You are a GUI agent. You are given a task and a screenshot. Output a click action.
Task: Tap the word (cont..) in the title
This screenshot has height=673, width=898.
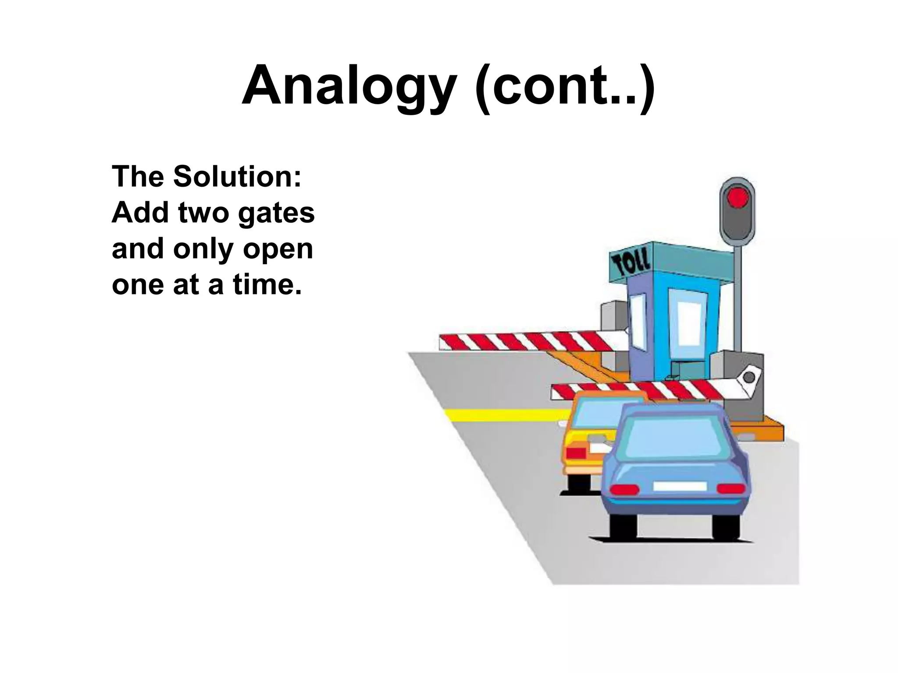pyautogui.click(x=565, y=85)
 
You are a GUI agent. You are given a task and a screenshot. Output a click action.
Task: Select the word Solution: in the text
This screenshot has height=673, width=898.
pyautogui.click(x=237, y=176)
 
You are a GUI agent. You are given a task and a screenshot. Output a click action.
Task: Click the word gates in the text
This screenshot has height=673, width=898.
pyautogui.click(x=276, y=213)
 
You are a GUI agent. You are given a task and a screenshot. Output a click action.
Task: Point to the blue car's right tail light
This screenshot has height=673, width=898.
pyautogui.click(x=731, y=488)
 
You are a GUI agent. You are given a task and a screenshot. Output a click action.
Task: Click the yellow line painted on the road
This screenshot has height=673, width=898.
pyautogui.click(x=504, y=414)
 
